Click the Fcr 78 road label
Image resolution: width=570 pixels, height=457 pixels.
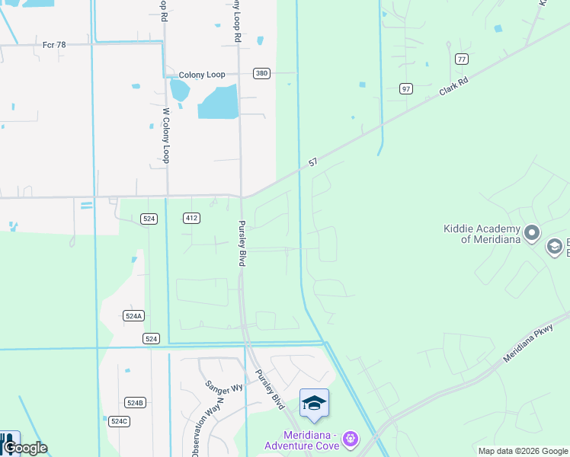pos(54,45)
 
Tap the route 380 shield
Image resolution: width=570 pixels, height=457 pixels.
pos(262,74)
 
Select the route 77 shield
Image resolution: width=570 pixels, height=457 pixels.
pos(461,59)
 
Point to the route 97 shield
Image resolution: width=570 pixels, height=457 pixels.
pos(406,89)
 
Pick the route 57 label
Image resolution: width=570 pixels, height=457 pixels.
pos(312,163)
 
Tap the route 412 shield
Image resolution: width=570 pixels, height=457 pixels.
pos(191,219)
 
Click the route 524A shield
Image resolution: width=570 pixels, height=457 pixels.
pos(133,315)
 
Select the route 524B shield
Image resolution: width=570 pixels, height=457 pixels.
pos(135,402)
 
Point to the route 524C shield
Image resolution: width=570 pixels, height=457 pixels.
pos(119,421)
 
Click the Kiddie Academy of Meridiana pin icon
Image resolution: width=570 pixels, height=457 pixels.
pos(532,232)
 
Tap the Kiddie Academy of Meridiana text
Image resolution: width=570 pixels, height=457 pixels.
pos(482,234)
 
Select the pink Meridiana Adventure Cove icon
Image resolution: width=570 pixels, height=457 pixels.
pos(350,439)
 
